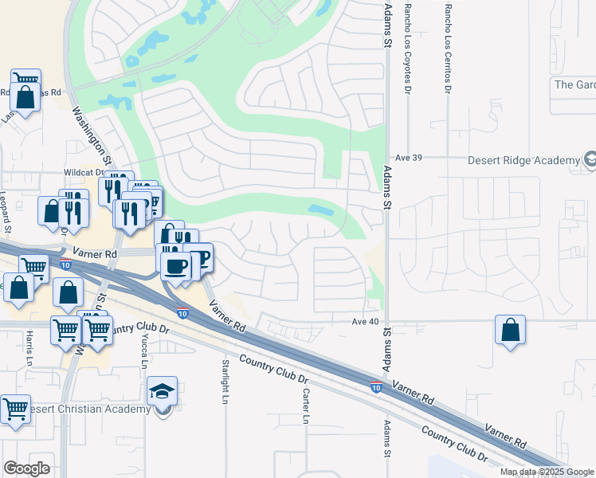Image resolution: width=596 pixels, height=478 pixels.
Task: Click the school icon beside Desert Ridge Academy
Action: tap(590, 160)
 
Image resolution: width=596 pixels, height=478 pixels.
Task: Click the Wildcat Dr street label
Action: tap(84, 172)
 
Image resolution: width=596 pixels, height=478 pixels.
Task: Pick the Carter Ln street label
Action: tap(305, 406)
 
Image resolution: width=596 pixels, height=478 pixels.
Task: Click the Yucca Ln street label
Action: tap(144, 350)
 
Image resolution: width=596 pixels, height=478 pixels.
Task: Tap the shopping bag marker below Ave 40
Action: tap(510, 329)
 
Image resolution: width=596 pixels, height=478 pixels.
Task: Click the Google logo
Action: tap(26, 468)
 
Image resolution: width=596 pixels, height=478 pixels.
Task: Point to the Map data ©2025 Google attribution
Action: tap(546, 472)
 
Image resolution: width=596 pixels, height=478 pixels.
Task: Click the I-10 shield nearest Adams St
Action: tap(375, 387)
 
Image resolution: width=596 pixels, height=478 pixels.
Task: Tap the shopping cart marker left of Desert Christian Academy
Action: tap(14, 409)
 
